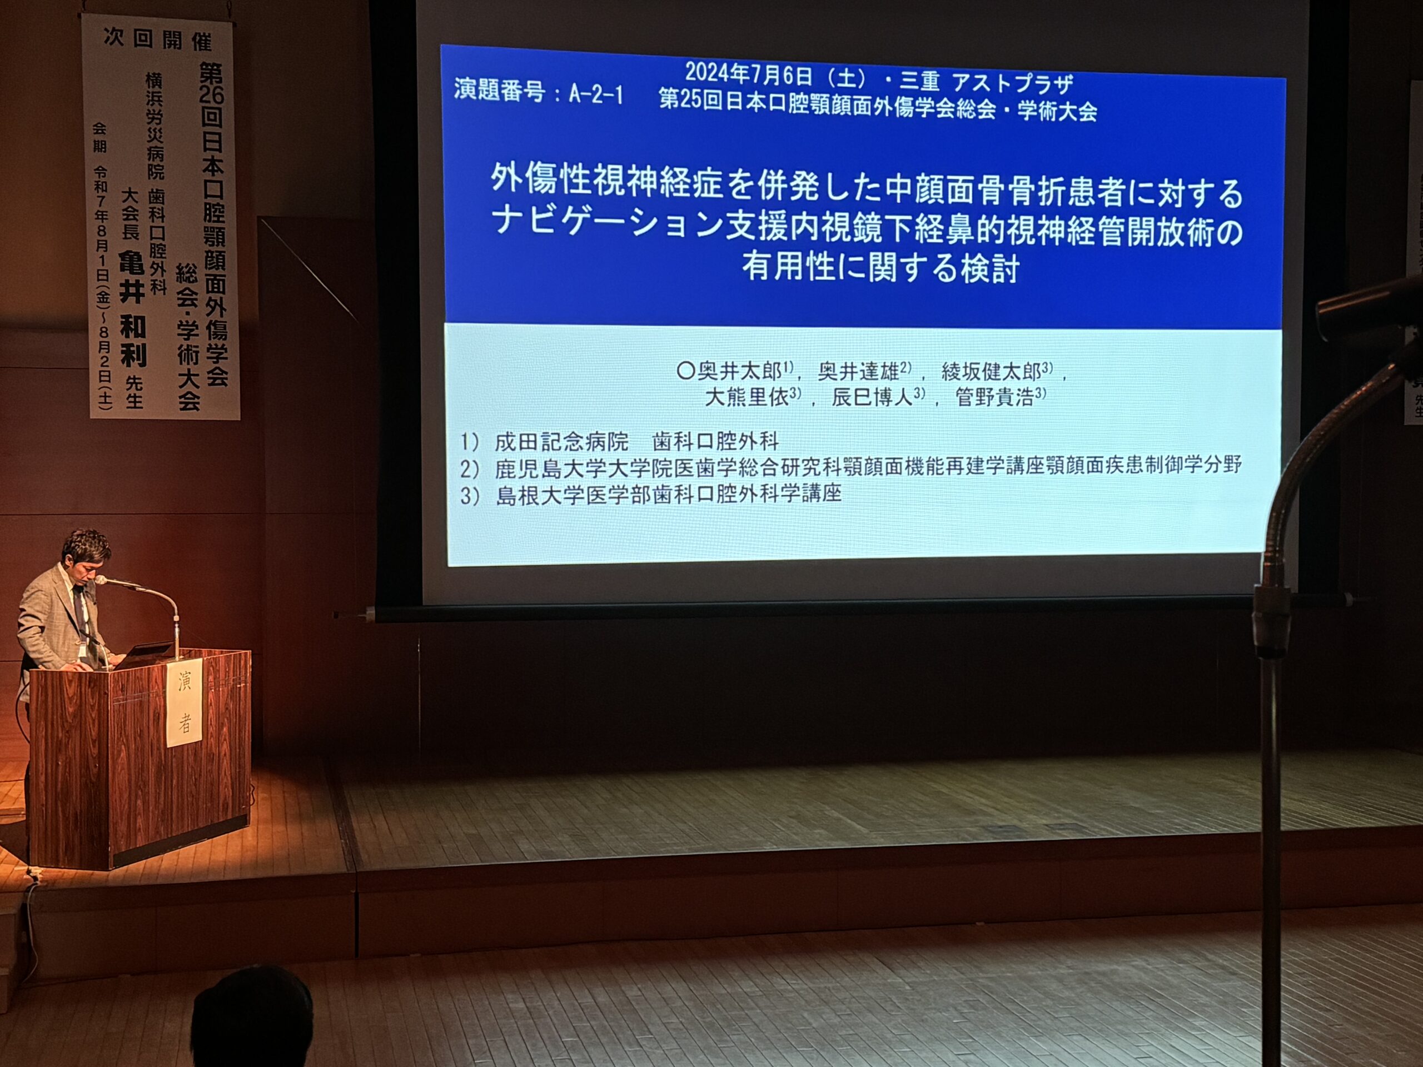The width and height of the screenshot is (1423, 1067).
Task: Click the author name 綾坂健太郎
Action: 991,372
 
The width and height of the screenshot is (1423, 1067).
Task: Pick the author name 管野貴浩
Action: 995,397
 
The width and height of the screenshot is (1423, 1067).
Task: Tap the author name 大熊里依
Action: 747,397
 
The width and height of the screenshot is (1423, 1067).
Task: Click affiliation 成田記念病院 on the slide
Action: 561,441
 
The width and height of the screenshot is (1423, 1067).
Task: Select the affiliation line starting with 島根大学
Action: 650,494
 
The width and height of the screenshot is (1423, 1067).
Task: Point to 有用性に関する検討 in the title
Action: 880,267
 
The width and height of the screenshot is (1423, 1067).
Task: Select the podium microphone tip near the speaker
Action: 102,580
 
